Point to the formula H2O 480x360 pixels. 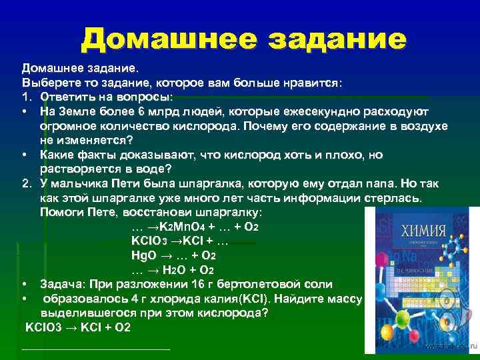coord(177,271)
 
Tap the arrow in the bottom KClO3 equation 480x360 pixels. coord(69,329)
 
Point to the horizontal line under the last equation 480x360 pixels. coord(96,348)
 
